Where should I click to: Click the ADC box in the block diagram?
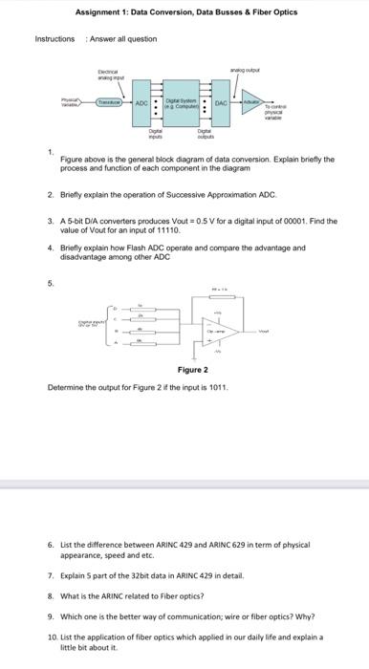141,102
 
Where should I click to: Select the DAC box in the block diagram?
220,102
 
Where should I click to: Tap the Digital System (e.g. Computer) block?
180,102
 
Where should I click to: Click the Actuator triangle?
253,103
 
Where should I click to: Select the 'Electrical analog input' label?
112,74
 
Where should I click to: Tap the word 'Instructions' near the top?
54,39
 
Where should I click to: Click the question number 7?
51,578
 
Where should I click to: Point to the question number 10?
52,636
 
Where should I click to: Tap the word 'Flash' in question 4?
123,247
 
